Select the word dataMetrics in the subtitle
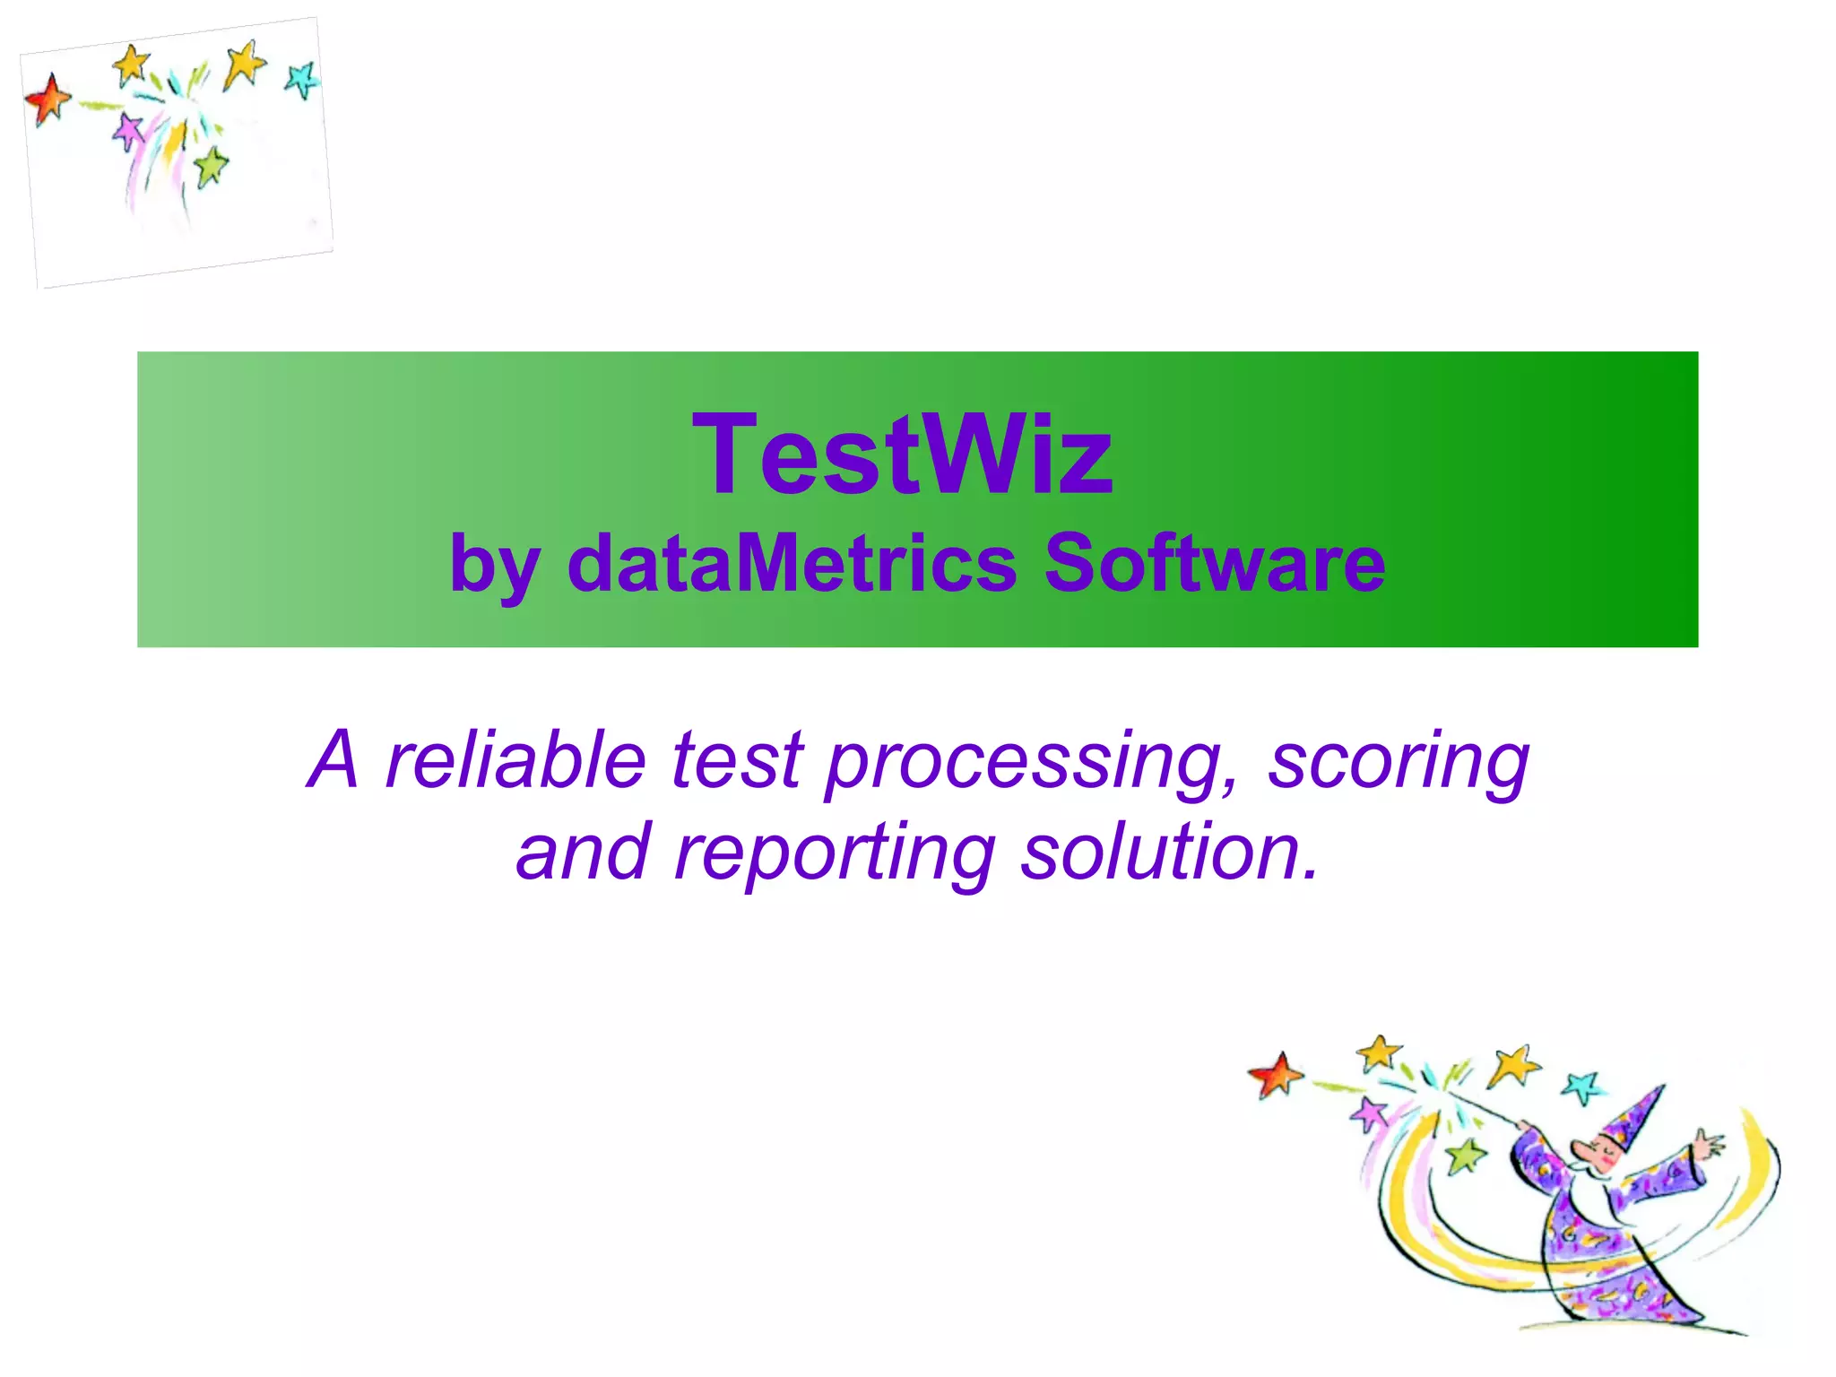pyautogui.click(x=792, y=564)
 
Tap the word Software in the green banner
pyautogui.click(x=1215, y=564)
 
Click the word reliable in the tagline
pyautogui.click(x=515, y=760)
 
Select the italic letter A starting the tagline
pyautogui.click(x=333, y=760)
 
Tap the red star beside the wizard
pyautogui.click(x=1276, y=1074)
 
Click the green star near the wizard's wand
pyautogui.click(x=1466, y=1156)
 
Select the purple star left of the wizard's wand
pyautogui.click(x=1370, y=1114)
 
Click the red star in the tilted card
pyautogui.click(x=48, y=98)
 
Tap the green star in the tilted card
pyautogui.click(x=212, y=166)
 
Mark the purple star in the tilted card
pyautogui.click(x=130, y=132)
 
